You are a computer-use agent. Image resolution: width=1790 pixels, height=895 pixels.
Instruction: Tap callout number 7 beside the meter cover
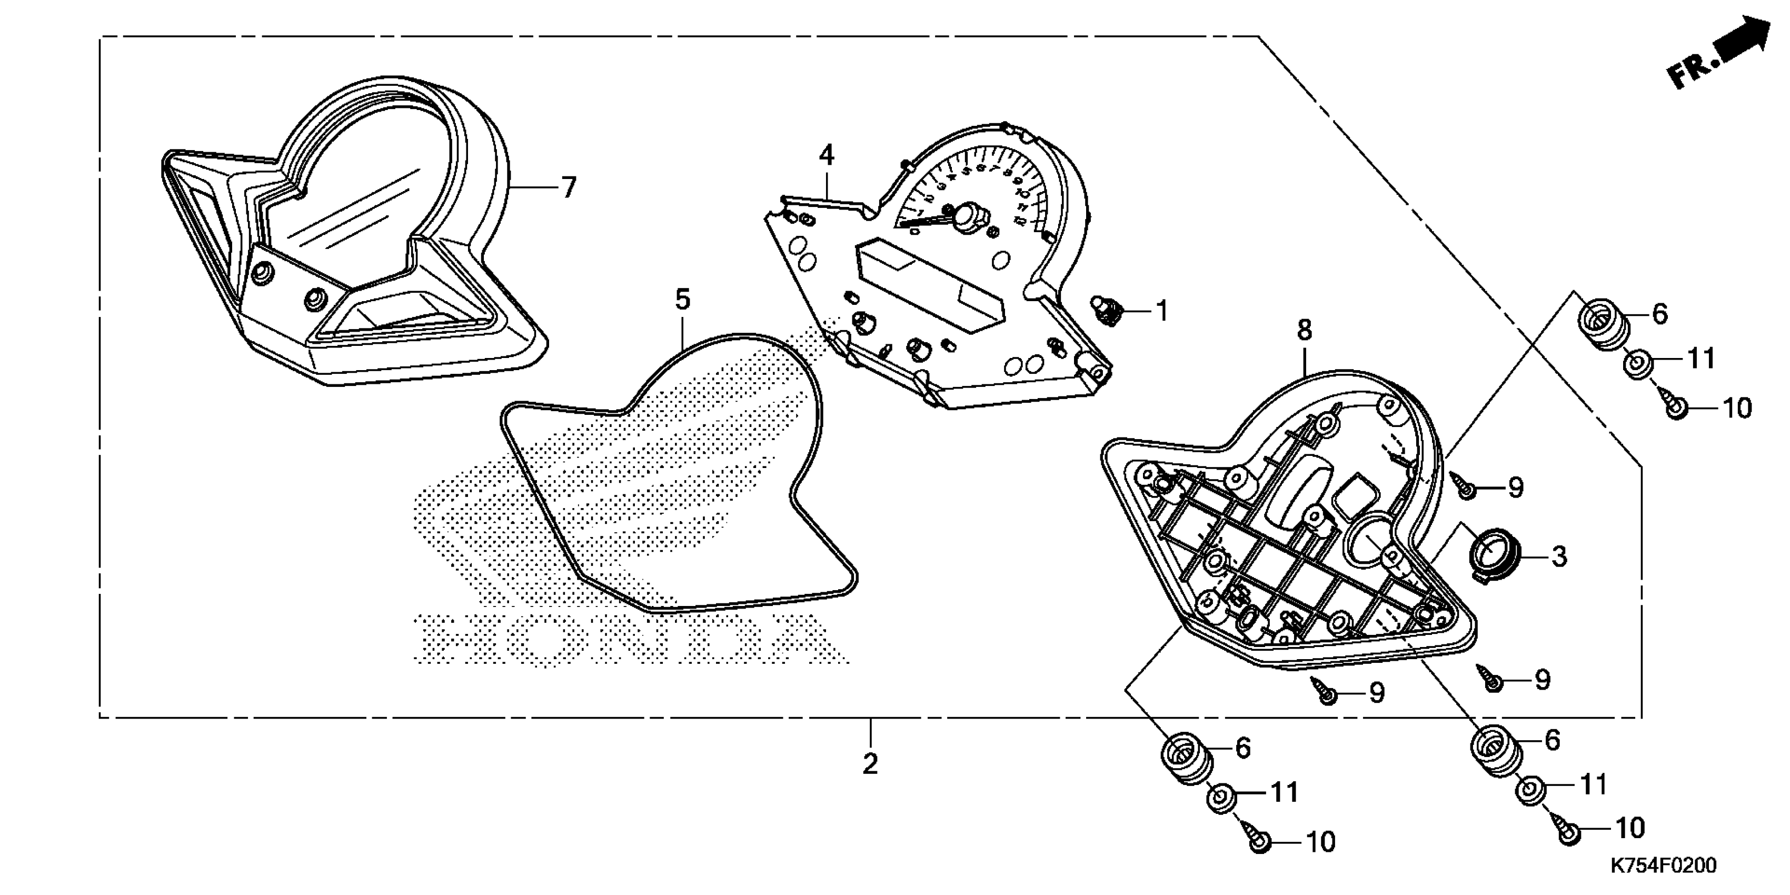pos(569,187)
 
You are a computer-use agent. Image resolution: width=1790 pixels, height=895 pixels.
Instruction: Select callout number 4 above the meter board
pos(826,154)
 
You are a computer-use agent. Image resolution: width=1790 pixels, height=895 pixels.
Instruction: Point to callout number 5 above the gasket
pos(682,300)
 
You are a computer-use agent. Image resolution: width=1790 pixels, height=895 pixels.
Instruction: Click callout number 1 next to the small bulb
pos(1162,311)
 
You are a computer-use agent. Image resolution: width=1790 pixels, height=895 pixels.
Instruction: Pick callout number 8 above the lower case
pos(1304,330)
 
